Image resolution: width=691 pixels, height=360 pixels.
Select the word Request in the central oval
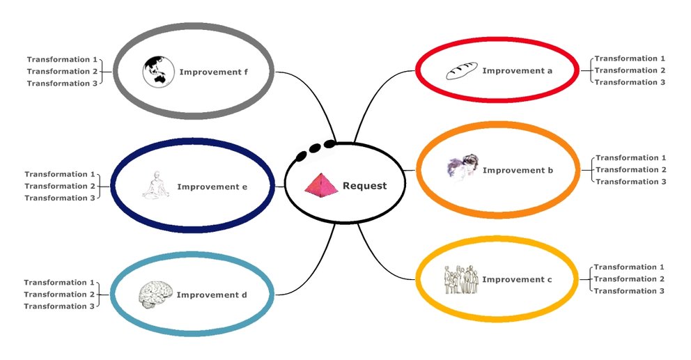coord(364,186)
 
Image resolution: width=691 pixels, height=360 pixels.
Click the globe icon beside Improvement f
coord(157,72)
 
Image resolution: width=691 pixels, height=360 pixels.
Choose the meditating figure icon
coord(156,187)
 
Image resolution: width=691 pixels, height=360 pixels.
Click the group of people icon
coord(460,279)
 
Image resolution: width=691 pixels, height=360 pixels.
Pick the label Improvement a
coord(513,71)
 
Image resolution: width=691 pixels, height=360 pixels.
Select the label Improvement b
coord(513,171)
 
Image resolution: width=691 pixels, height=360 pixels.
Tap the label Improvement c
coord(513,280)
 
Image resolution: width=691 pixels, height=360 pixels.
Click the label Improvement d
coord(212,295)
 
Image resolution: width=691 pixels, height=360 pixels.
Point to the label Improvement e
coord(212,187)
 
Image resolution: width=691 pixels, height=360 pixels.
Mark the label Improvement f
coord(215,72)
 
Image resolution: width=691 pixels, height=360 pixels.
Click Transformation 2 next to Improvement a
coord(630,70)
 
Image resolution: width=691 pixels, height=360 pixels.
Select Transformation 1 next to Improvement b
coord(631,158)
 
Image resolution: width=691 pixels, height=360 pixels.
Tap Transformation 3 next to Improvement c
coord(629,291)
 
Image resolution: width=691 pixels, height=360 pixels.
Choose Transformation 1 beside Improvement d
coord(59,283)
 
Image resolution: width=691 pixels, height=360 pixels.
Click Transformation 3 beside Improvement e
coord(60,198)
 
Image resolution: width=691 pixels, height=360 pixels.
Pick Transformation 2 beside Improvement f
coord(62,72)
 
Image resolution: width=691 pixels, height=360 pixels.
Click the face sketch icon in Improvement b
coord(463,167)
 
